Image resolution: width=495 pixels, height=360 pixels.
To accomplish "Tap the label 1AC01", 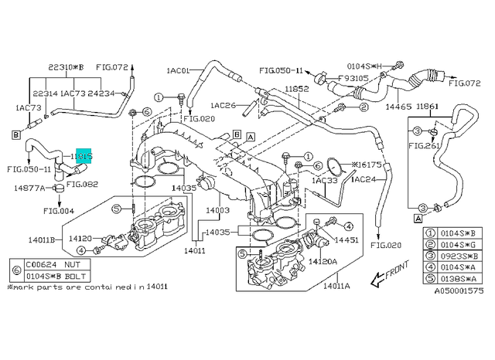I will [x=179, y=70].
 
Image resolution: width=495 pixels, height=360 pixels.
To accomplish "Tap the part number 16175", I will [x=366, y=165].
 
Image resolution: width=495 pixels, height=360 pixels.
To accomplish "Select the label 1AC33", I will [x=326, y=180].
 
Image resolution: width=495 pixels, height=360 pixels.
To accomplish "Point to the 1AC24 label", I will [x=364, y=180].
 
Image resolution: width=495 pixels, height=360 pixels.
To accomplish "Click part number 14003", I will [x=218, y=209].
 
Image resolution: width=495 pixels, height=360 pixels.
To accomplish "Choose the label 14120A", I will [x=324, y=262].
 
